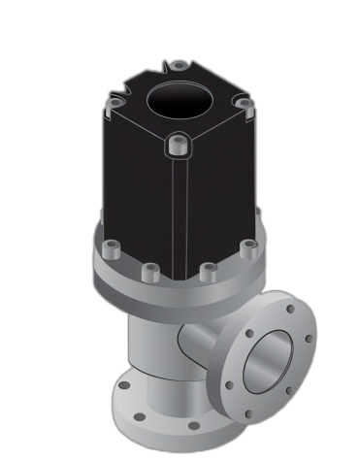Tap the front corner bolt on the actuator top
pos(176,146)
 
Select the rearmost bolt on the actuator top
pos(178,67)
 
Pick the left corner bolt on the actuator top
pos(115,102)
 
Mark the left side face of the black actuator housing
pos(136,189)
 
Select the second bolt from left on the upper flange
pos(148,274)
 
